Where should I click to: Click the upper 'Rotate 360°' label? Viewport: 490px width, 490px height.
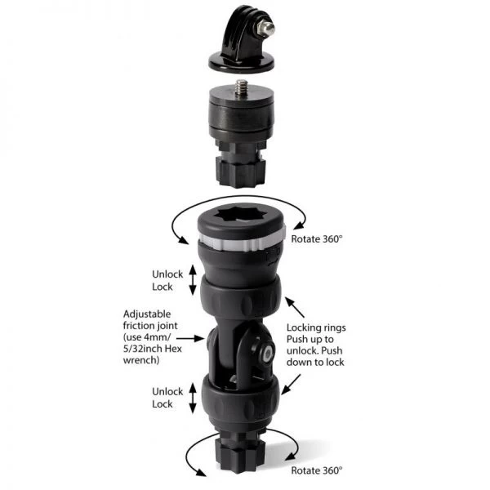click(x=317, y=240)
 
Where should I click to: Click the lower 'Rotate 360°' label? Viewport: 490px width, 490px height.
click(x=317, y=471)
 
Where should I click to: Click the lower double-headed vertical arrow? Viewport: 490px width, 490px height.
click(x=193, y=399)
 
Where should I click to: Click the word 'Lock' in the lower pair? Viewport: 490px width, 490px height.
click(x=163, y=404)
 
